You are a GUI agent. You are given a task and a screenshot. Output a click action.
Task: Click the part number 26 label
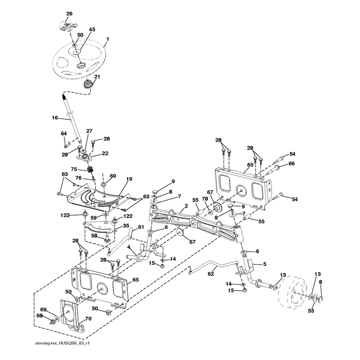point(69,13)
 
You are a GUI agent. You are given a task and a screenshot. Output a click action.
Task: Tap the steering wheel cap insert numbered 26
point(67,25)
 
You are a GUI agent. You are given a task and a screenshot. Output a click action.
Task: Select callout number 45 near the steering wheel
point(92,30)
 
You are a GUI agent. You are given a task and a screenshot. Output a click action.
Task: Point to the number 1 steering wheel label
point(107,39)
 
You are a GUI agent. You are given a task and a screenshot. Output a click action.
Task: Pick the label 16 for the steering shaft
point(55,118)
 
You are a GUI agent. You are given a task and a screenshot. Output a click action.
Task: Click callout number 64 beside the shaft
point(63,133)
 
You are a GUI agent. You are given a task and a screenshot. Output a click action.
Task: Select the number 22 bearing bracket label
point(105,153)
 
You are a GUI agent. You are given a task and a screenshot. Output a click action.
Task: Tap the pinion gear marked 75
point(91,171)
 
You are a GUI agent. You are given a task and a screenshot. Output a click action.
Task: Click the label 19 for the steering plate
point(129,179)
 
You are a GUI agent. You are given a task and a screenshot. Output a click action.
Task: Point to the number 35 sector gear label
point(126,225)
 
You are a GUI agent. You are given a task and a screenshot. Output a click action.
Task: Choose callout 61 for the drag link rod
point(141,227)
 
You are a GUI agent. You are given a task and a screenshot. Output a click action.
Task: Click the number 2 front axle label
point(186,206)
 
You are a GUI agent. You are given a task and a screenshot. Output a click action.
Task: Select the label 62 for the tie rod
point(211,274)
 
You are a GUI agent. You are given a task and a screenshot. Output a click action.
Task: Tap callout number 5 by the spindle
point(265,264)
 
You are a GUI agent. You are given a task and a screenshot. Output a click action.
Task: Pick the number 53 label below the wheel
point(311,310)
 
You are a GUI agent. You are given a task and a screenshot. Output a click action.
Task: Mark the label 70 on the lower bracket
point(88,319)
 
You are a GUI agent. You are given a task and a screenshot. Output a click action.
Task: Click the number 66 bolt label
point(291,163)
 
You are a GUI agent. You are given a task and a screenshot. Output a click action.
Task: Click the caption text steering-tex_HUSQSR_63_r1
point(62,343)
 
